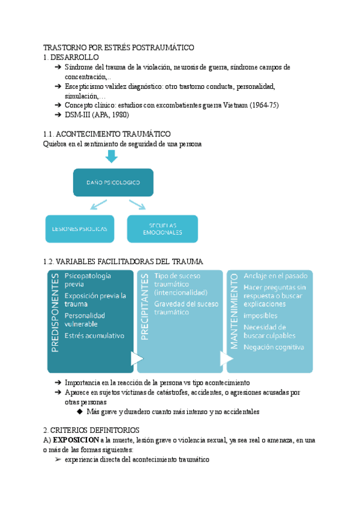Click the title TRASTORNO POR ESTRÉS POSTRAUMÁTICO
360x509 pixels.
pyautogui.click(x=119, y=47)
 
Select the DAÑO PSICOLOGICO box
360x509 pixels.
pyautogui.click(x=113, y=182)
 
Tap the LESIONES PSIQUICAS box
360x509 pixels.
pyautogui.click(x=80, y=229)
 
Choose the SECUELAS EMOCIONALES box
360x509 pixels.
pyautogui.click(x=162, y=229)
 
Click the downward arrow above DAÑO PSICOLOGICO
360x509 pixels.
pyautogui.click(x=113, y=155)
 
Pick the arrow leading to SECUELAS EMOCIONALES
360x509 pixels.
pyautogui.click(x=138, y=205)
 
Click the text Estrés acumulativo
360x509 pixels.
pyautogui.click(x=94, y=336)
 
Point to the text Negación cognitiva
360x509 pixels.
pyautogui.click(x=274, y=346)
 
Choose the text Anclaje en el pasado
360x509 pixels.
pyautogui.click(x=275, y=276)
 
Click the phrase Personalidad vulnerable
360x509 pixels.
pyautogui.click(x=85, y=320)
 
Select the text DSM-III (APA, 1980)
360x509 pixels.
pyautogui.click(x=97, y=115)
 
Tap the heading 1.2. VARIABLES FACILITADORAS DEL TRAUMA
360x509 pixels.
pyautogui.click(x=123, y=262)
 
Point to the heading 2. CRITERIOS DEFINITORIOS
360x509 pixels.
pyautogui.click(x=91, y=430)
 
